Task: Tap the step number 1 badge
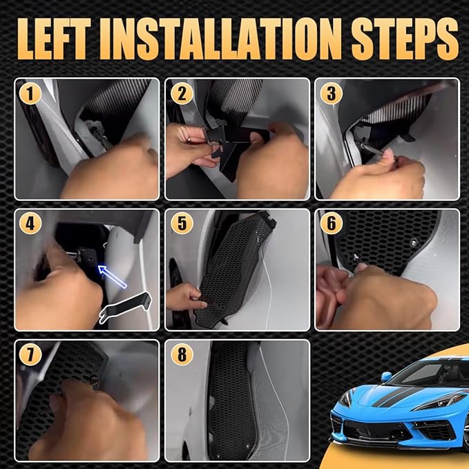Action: point(28,92)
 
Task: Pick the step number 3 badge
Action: point(329,92)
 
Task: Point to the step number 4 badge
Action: point(28,223)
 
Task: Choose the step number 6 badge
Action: point(329,223)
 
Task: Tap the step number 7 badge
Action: point(28,353)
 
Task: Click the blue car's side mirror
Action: point(386,376)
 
